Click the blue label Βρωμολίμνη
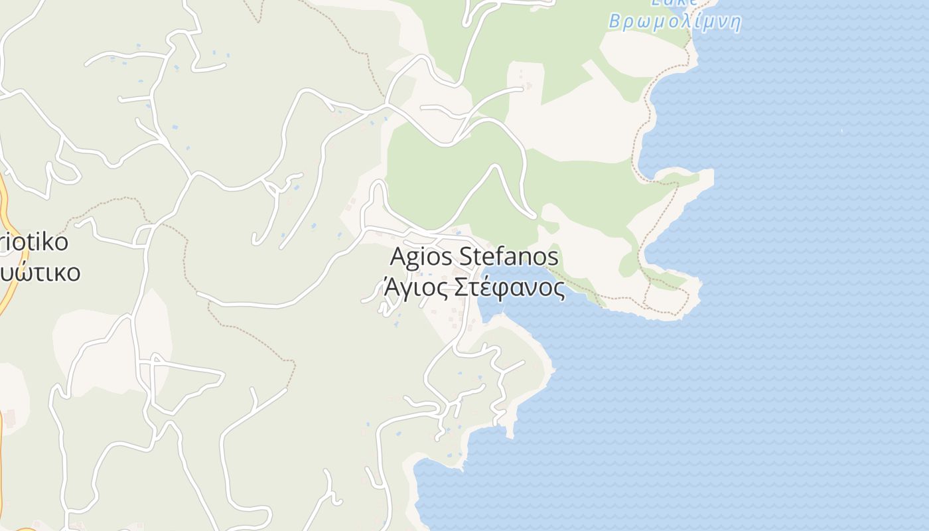pyautogui.click(x=674, y=22)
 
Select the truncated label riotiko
pyautogui.click(x=35, y=242)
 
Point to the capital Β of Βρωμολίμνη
pyautogui.click(x=615, y=22)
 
